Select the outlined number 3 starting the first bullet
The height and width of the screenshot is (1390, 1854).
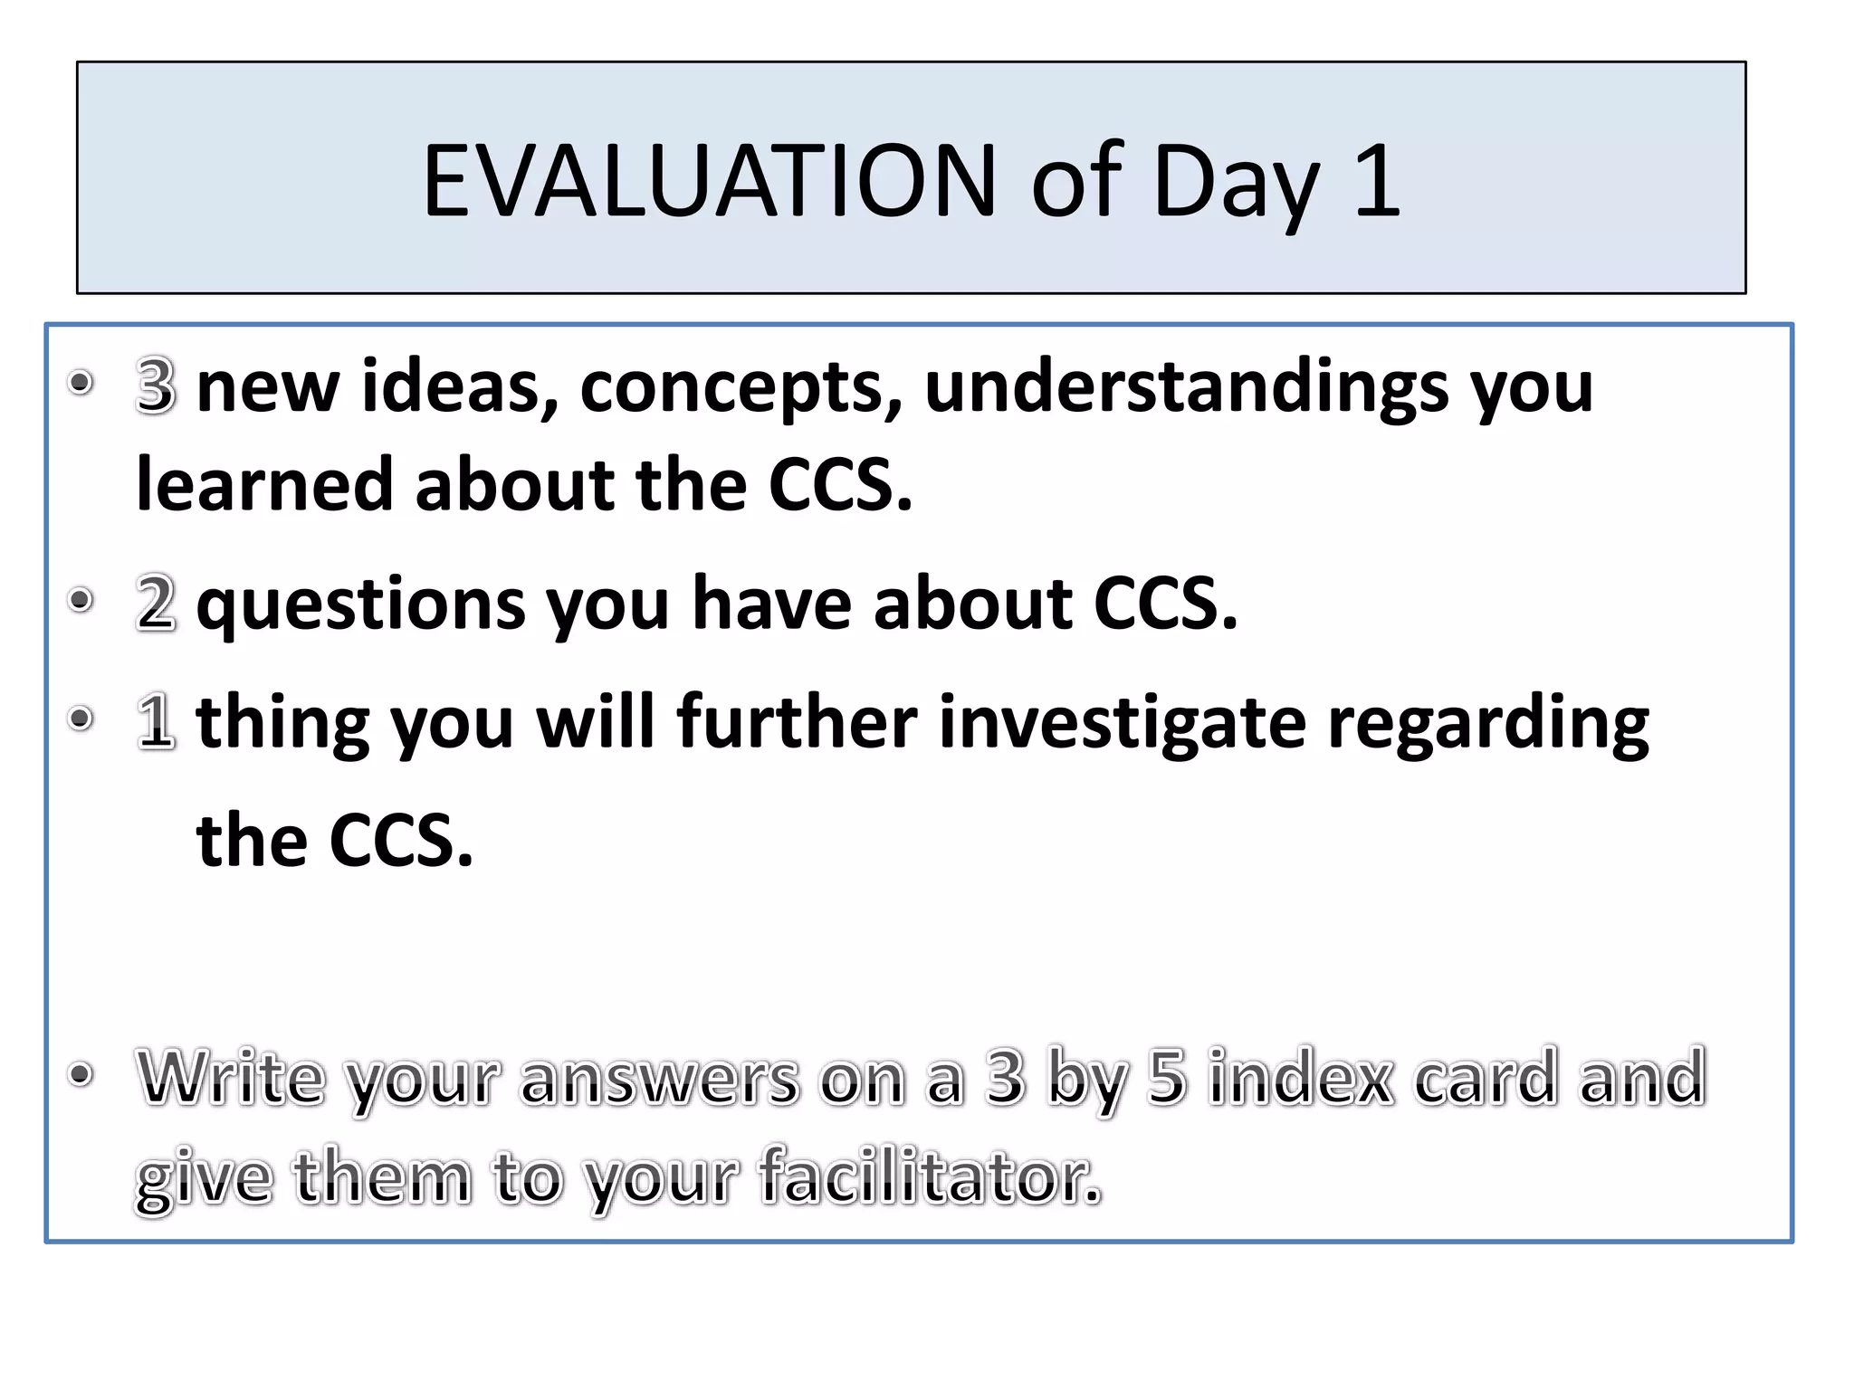[x=156, y=386]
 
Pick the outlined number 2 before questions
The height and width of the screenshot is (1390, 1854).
[x=156, y=603]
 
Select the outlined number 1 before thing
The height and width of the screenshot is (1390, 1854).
[x=156, y=721]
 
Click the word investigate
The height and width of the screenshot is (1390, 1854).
[x=1123, y=724]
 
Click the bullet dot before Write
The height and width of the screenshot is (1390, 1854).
[x=81, y=1074]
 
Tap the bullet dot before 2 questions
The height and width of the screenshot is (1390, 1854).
[x=81, y=600]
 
